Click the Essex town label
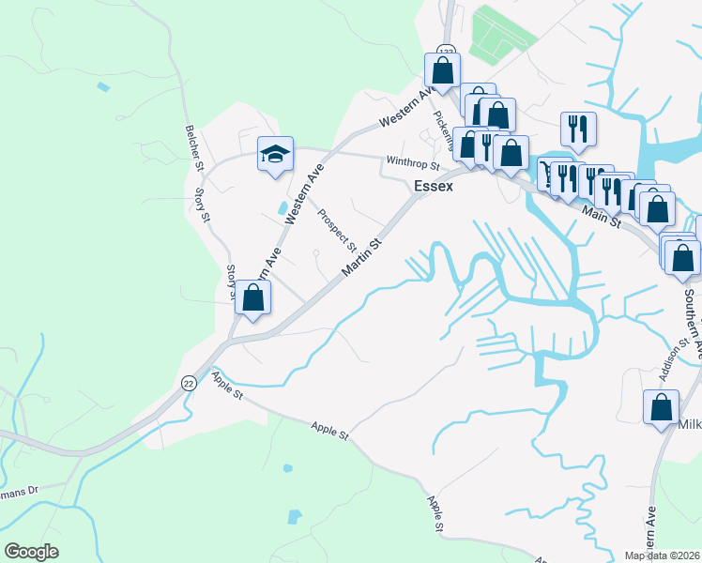tap(434, 186)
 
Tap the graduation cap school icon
tap(276, 155)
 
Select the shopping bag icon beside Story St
tap(252, 298)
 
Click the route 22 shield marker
tap(188, 383)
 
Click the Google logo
tap(31, 552)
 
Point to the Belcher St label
tap(195, 146)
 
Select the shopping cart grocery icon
tap(543, 172)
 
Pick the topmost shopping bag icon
tap(442, 70)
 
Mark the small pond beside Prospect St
tap(282, 206)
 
